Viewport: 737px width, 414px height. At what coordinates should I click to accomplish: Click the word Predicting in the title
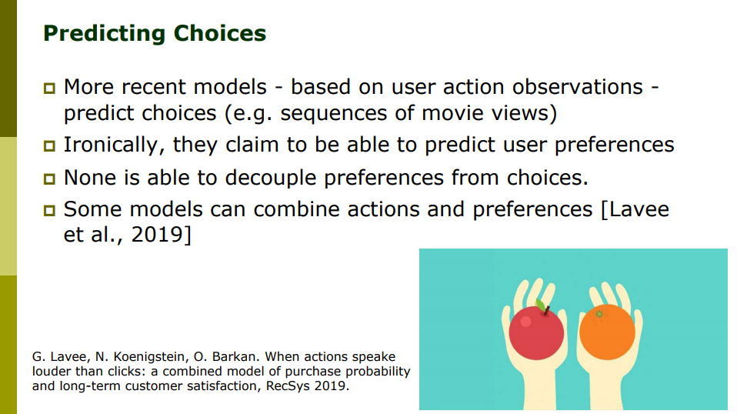coord(104,34)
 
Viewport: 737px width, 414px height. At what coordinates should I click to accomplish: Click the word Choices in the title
coord(219,33)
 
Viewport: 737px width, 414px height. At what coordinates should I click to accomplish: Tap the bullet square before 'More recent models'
coord(49,88)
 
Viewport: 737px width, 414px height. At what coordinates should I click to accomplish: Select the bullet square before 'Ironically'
coord(49,145)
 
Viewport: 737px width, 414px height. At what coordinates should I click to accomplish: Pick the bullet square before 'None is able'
coord(49,179)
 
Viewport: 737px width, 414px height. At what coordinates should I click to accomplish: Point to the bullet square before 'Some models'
coord(49,210)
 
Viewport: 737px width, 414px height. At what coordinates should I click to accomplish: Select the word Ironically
coord(114,145)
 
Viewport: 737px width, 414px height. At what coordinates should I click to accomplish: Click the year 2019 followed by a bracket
coord(162,234)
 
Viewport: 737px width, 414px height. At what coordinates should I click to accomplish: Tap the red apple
coord(536,332)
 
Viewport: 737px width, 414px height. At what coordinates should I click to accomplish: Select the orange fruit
coord(607,332)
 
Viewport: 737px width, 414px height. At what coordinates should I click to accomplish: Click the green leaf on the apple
coord(541,306)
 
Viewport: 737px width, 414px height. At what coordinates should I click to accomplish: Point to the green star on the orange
coord(599,314)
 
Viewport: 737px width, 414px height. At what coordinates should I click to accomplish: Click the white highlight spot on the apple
coord(525,322)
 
